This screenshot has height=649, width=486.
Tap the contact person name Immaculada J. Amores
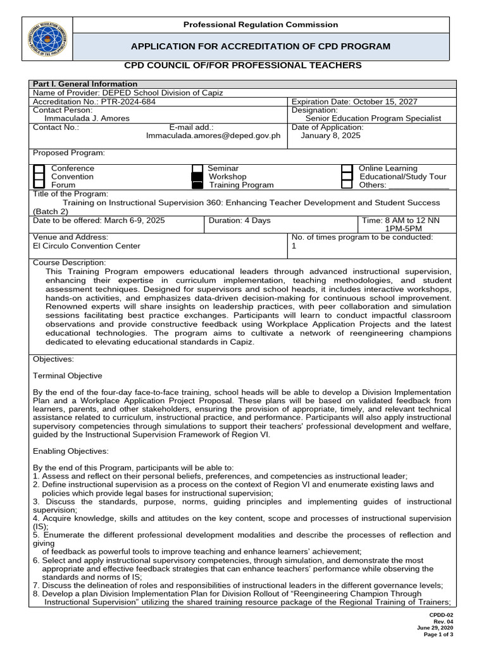(x=87, y=118)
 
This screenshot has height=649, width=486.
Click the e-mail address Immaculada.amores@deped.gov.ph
(x=213, y=136)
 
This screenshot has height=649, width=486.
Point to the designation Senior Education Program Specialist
(x=373, y=118)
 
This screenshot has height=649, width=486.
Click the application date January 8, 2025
(x=331, y=136)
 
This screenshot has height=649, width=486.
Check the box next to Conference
(x=39, y=169)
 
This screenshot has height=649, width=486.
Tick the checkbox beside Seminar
(x=197, y=169)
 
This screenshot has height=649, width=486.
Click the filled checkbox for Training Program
(x=197, y=185)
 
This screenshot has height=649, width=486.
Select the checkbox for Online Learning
(x=347, y=169)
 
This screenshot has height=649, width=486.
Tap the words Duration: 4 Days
(x=239, y=221)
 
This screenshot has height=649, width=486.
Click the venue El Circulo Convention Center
(x=87, y=246)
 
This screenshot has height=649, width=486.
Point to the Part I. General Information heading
(x=85, y=84)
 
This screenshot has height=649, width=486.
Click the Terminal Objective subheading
(x=67, y=376)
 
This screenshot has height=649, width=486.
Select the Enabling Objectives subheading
(x=70, y=451)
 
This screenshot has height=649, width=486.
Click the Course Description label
(x=70, y=262)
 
